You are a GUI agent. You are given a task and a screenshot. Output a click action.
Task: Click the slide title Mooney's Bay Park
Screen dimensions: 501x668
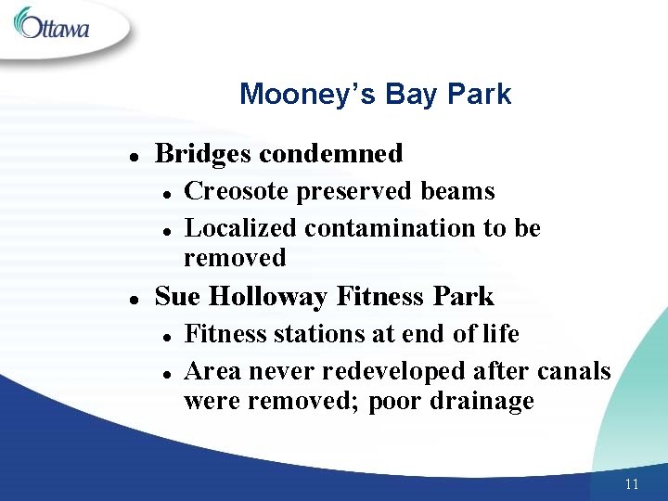pos(375,95)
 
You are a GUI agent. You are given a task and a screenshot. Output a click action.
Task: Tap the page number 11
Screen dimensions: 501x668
pos(632,484)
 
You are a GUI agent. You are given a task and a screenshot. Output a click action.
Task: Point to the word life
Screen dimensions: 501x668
pos(501,334)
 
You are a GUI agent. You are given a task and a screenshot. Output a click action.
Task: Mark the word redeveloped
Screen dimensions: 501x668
pos(393,372)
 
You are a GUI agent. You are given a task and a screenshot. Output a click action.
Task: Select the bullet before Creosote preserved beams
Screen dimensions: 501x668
pos(165,193)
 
